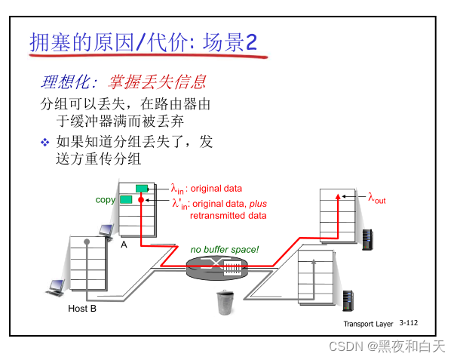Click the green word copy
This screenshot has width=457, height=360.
pyautogui.click(x=106, y=199)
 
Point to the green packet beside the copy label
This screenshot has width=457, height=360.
pyautogui.click(x=126, y=199)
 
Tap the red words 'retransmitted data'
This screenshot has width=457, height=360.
pyautogui.click(x=228, y=215)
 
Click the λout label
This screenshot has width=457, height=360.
pyautogui.click(x=376, y=199)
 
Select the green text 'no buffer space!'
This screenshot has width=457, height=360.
pyautogui.click(x=224, y=249)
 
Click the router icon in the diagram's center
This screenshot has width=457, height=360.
pyautogui.click(x=216, y=266)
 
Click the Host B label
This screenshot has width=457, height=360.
pyautogui.click(x=82, y=308)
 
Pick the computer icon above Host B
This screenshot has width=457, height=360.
pyautogui.click(x=56, y=287)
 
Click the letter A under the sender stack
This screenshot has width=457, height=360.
pyautogui.click(x=124, y=244)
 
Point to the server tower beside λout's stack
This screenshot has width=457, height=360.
pyautogui.click(x=368, y=239)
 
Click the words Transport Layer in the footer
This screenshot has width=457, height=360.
pyautogui.click(x=368, y=323)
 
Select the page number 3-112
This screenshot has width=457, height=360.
pyautogui.click(x=408, y=322)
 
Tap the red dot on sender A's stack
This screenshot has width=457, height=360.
pyautogui.click(x=140, y=199)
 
